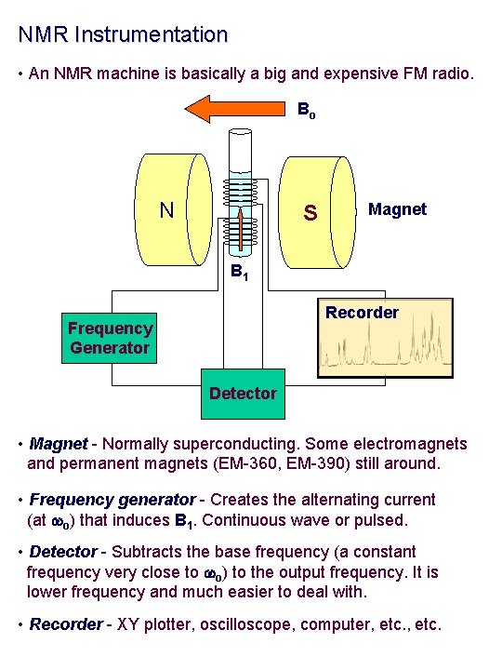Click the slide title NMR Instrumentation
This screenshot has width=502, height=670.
pyautogui.click(x=123, y=35)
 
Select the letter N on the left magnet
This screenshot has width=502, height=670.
pyautogui.click(x=166, y=209)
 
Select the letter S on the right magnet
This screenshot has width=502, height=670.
pyautogui.click(x=310, y=214)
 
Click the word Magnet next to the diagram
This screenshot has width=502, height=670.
pyautogui.click(x=397, y=209)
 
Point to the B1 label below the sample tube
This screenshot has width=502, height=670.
pyautogui.click(x=239, y=274)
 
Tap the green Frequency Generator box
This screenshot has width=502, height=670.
pyautogui.click(x=110, y=338)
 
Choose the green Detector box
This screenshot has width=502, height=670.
pyautogui.click(x=243, y=394)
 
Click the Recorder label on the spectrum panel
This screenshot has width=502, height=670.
pyautogui.click(x=362, y=313)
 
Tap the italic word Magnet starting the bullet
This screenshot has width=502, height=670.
pyautogui.click(x=59, y=444)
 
